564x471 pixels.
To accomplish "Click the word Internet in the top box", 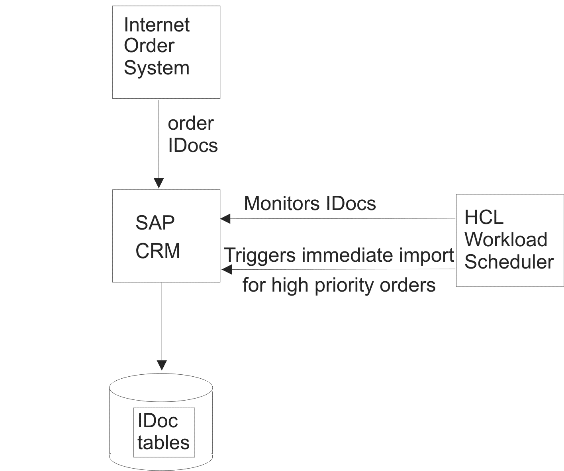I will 157,25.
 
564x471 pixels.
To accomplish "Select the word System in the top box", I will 157,68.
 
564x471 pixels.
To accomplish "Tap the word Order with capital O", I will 149,46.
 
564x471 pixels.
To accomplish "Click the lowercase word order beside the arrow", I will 191,123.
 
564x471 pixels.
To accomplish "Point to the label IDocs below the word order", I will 193,145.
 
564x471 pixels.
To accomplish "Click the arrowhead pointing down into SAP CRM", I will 159,183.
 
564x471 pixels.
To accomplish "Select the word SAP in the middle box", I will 155,223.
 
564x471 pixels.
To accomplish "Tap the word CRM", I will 158,251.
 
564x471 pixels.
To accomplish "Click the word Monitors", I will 282,203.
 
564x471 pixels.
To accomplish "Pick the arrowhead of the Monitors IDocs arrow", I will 225,218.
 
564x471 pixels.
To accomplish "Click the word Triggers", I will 260,255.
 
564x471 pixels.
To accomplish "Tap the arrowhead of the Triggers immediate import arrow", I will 227,269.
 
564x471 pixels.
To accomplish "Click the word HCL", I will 484,217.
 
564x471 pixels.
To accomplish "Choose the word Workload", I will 506,239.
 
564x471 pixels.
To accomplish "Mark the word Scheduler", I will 509,262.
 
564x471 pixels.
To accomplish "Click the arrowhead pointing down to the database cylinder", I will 162,365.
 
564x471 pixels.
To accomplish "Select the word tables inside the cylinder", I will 163,442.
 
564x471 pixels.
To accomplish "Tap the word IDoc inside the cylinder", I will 158,421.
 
